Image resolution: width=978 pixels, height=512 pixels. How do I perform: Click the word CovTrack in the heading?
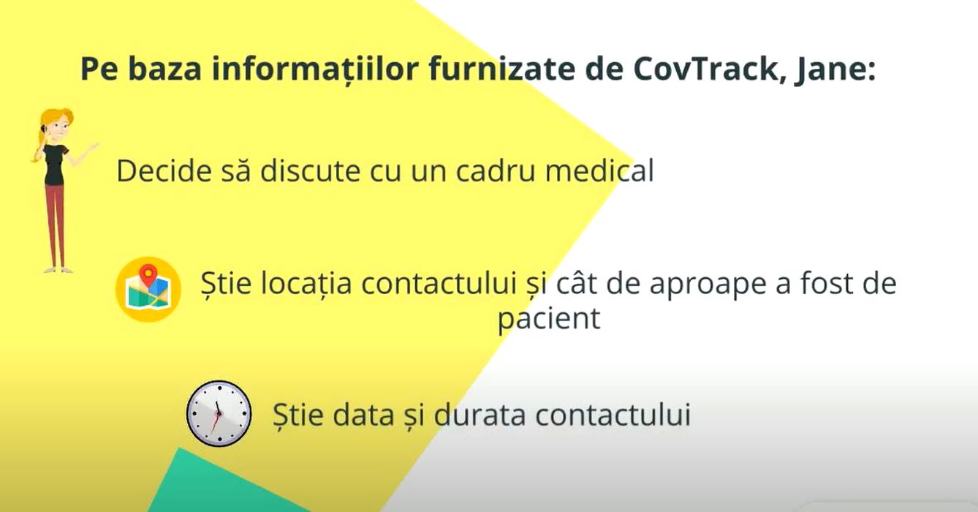[x=704, y=69]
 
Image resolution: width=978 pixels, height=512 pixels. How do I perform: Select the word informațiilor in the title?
[x=315, y=69]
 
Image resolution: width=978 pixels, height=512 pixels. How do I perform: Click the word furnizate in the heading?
[x=501, y=68]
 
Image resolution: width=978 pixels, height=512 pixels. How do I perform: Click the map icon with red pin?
[x=148, y=289]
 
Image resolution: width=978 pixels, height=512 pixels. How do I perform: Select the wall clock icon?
[x=219, y=413]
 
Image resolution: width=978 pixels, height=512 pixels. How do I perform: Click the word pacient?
[x=549, y=319]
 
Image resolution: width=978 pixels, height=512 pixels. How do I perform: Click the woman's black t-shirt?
[x=55, y=165]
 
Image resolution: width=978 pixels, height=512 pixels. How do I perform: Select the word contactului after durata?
[x=613, y=414]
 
